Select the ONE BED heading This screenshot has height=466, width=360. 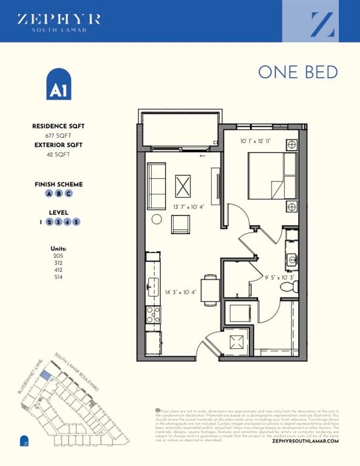click(297, 72)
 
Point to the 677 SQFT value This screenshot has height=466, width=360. click(58, 136)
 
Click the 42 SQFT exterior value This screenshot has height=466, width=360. click(58, 155)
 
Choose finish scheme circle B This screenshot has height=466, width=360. click(59, 194)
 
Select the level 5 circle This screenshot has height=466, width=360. click(76, 222)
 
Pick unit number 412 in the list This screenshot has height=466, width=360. click(58, 270)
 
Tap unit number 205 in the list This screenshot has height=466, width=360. click(58, 256)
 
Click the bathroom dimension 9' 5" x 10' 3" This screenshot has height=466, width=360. click(279, 277)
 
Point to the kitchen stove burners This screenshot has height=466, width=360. click(153, 314)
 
